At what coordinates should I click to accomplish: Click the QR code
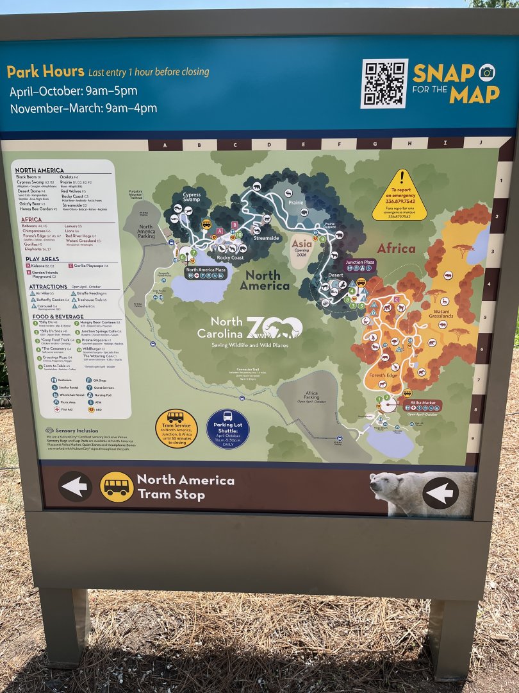pyautogui.click(x=384, y=84)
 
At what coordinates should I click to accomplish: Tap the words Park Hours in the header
pyautogui.click(x=45, y=71)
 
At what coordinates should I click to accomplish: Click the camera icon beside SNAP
pyautogui.click(x=487, y=72)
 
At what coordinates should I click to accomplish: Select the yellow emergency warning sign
pyautogui.click(x=400, y=194)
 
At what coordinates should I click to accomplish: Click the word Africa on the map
pyautogui.click(x=396, y=248)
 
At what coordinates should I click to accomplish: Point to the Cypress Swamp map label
pyautogui.click(x=192, y=196)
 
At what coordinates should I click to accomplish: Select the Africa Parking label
pyautogui.click(x=311, y=395)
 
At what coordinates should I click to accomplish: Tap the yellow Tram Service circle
pyautogui.click(x=176, y=428)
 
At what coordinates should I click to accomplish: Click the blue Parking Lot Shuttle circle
pyautogui.click(x=227, y=428)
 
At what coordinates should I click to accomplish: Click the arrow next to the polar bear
pyautogui.click(x=441, y=493)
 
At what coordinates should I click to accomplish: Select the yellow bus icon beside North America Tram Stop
pyautogui.click(x=117, y=487)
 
